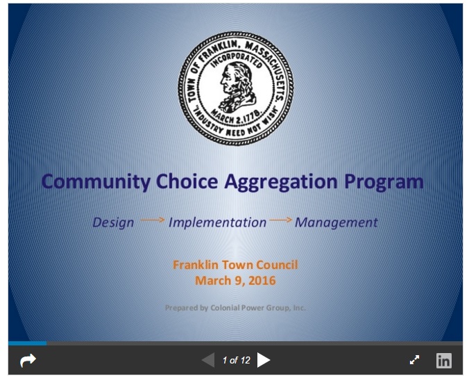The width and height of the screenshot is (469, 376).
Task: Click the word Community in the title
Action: pos(96,181)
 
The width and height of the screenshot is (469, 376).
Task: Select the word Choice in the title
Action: pos(187,181)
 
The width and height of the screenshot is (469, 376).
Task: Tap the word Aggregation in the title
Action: pos(281,182)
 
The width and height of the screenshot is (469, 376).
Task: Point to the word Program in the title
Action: pos(384,182)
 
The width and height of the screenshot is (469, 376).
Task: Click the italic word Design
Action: pos(113,222)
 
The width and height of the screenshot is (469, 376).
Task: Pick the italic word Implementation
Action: pos(217,222)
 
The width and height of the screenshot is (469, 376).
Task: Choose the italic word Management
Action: pos(336,222)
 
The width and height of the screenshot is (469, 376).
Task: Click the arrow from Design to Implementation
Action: pos(153,220)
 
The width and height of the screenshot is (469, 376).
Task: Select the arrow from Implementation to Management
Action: pos(280,220)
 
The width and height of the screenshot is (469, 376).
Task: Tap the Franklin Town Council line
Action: pos(235,265)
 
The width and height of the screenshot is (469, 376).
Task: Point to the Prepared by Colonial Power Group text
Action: pos(235,308)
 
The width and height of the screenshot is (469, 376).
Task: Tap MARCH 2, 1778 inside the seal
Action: pos(237,116)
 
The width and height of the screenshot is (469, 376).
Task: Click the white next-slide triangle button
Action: pos(263,360)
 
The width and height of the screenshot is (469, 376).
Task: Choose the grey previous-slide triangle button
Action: pos(208,360)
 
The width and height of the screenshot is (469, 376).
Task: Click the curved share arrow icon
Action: pos(28,360)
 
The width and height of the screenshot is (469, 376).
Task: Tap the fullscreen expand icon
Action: pos(414,360)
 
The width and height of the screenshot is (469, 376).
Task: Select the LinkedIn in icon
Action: pos(444,360)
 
